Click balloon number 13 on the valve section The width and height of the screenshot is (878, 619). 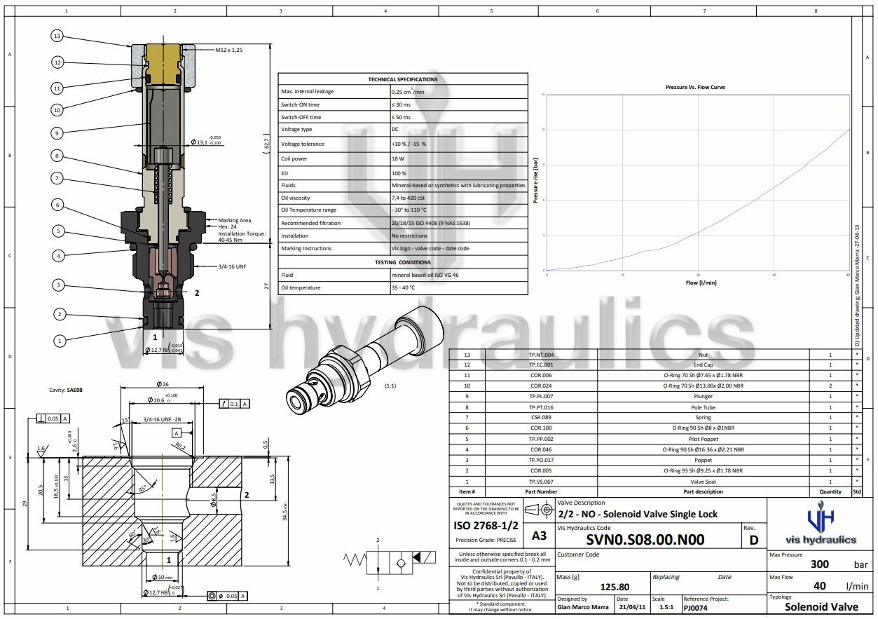58,36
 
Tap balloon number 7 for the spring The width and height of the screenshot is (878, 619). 58,178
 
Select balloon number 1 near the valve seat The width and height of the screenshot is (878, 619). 60,340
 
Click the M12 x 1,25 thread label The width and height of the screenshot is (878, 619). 229,50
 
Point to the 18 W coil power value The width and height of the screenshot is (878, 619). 397,158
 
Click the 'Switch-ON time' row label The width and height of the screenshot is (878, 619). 301,104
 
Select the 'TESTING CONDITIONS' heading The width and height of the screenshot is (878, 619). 402,262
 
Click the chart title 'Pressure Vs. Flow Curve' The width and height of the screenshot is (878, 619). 695,87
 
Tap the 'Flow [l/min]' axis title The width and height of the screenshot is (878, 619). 701,283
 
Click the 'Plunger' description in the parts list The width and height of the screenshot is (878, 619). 703,396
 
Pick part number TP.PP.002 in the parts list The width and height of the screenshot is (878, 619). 541,439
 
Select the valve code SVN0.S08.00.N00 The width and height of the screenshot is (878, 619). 645,539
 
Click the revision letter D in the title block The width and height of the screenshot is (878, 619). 754,539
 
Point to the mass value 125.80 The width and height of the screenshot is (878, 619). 615,587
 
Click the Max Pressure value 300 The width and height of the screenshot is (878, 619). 819,564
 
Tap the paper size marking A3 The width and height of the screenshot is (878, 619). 539,536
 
